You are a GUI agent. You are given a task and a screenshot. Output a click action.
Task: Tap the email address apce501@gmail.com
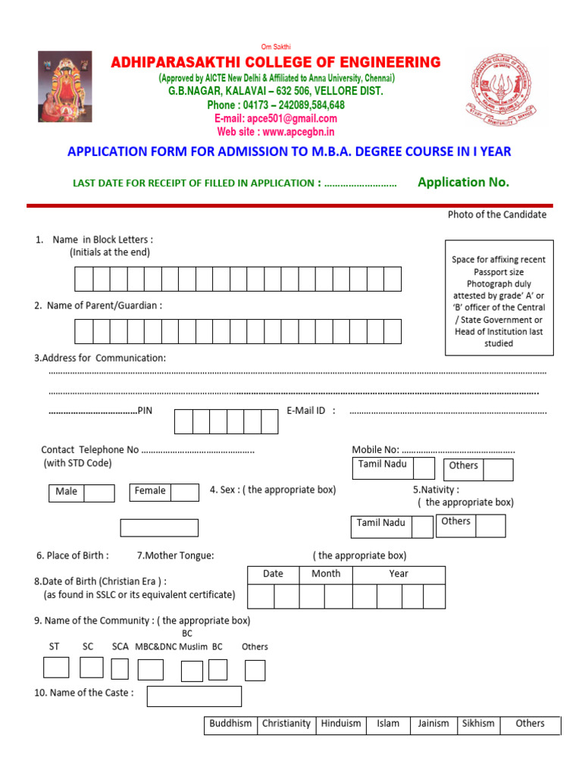pyautogui.click(x=276, y=118)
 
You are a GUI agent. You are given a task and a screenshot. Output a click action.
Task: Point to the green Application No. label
pyautogui.click(x=463, y=182)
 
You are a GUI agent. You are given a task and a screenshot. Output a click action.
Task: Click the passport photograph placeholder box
pyautogui.click(x=499, y=297)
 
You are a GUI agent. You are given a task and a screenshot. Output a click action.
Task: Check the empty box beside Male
pyautogui.click(x=99, y=493)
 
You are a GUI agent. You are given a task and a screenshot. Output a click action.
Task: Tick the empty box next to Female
pyautogui.click(x=184, y=493)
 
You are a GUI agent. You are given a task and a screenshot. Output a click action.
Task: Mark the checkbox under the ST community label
pyautogui.click(x=56, y=668)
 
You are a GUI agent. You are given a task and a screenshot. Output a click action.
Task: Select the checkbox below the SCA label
pyautogui.click(x=120, y=669)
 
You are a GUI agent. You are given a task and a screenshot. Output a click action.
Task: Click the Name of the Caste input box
pyautogui.click(x=194, y=696)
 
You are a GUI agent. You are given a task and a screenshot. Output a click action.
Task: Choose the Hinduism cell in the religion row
pyautogui.click(x=341, y=724)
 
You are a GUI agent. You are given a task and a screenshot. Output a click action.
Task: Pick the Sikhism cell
pyautogui.click(x=478, y=724)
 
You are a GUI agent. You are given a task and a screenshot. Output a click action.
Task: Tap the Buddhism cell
pyautogui.click(x=230, y=724)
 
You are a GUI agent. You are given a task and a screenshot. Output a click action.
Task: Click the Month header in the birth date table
pyautogui.click(x=326, y=574)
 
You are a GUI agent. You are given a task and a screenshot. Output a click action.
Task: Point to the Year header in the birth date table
pyautogui.click(x=399, y=574)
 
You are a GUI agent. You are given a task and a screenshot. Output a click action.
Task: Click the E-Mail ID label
pyautogui.click(x=311, y=411)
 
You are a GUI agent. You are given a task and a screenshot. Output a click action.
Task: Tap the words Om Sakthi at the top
pyautogui.click(x=276, y=47)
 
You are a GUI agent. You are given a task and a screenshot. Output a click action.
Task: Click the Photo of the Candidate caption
pyautogui.click(x=496, y=214)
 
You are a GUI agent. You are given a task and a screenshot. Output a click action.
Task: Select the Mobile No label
pyautogui.click(x=375, y=449)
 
